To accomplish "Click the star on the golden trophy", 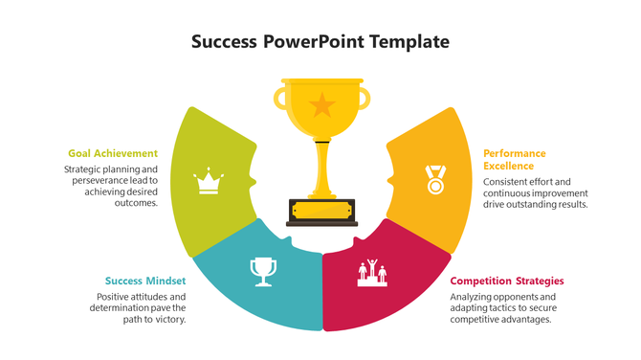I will [x=321, y=102].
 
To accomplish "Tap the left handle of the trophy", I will [x=280, y=96].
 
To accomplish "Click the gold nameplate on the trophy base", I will [x=321, y=210].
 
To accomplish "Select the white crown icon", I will [x=209, y=181].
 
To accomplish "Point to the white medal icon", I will [x=435, y=179].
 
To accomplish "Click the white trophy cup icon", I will [x=262, y=271].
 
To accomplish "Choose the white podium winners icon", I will [x=372, y=272].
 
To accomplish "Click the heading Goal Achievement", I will [x=113, y=153].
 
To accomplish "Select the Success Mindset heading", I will [x=145, y=281].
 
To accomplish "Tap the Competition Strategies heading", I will [x=506, y=281].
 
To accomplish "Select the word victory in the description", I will [x=166, y=320].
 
